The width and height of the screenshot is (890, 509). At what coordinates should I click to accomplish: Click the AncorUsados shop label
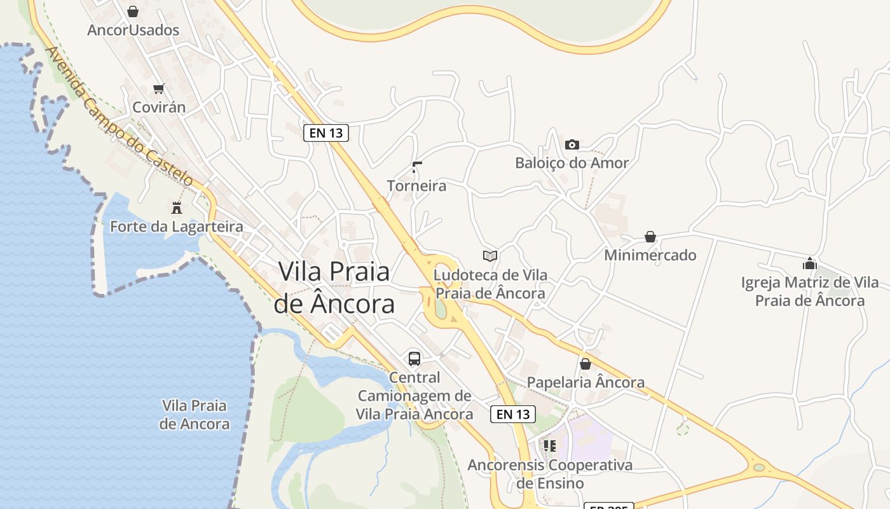pyautogui.click(x=133, y=30)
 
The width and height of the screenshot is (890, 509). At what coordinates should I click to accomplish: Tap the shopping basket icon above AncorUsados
pyautogui.click(x=133, y=11)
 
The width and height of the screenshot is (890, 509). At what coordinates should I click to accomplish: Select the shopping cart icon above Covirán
pyautogui.click(x=158, y=88)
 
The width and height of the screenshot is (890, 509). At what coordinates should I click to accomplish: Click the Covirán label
pyautogui.click(x=159, y=107)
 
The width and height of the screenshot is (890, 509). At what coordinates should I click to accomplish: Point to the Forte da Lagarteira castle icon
pyautogui.click(x=177, y=207)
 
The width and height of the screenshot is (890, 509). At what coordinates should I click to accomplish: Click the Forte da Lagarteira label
pyautogui.click(x=177, y=227)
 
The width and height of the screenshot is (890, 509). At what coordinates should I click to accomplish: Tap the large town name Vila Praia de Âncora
pyautogui.click(x=334, y=288)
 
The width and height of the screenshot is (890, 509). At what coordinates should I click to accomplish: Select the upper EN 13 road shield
pyautogui.click(x=326, y=132)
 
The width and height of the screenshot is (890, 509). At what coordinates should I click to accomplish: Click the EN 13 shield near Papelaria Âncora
pyautogui.click(x=513, y=414)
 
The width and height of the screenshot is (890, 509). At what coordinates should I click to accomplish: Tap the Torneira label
pyautogui.click(x=416, y=186)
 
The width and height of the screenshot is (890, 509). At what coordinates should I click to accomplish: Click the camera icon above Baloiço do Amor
pyautogui.click(x=572, y=144)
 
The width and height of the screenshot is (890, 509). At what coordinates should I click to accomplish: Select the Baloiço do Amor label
pyautogui.click(x=572, y=163)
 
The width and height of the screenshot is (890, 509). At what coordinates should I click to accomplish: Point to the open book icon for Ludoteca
pyautogui.click(x=489, y=256)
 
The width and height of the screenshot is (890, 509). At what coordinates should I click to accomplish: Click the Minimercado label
pyautogui.click(x=650, y=255)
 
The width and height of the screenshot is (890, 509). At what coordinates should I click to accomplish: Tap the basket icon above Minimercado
pyautogui.click(x=650, y=237)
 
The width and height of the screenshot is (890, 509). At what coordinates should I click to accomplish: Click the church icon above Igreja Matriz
pyautogui.click(x=809, y=263)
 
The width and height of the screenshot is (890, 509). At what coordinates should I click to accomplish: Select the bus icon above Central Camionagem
pyautogui.click(x=414, y=358)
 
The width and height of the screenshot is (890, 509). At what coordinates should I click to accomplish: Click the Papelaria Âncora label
pyautogui.click(x=585, y=382)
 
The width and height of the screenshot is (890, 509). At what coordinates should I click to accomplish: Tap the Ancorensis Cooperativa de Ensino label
pyautogui.click(x=550, y=474)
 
